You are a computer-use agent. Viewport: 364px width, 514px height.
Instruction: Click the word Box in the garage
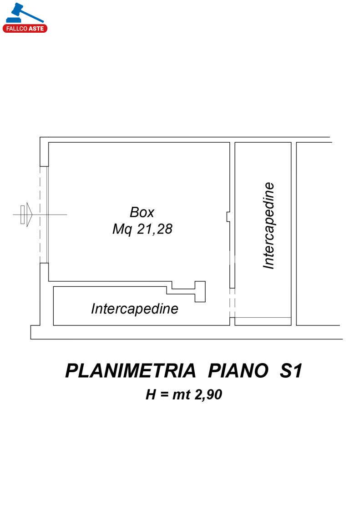coord(142,212)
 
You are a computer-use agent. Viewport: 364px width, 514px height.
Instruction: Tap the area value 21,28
coord(154,229)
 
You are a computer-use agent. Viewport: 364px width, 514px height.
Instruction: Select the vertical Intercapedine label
coord(269,226)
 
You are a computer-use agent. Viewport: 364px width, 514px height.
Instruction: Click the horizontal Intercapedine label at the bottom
coord(135,309)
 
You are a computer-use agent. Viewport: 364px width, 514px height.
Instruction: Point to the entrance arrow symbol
coord(26,215)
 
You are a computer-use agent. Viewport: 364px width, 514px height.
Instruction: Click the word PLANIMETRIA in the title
coord(130,371)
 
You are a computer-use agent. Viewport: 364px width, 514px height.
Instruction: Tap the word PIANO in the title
coord(238,371)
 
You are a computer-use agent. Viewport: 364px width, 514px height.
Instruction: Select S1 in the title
coord(291,371)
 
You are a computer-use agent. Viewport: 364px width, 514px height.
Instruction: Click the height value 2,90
coord(208,394)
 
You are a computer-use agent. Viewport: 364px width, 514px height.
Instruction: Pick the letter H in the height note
coord(151,394)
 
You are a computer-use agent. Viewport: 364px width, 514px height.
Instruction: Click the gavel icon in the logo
coord(23,14)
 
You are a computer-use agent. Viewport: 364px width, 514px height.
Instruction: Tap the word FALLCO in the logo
coord(16,29)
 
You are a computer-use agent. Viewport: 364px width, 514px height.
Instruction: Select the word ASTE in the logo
coord(36,29)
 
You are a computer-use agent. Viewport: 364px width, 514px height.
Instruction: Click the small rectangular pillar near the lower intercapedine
coord(200,291)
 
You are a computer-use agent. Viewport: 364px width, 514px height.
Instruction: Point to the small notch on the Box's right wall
coord(228,217)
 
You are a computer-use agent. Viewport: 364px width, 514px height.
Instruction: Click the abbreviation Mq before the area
coord(122,229)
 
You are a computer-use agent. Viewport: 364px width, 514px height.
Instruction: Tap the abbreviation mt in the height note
coord(182,394)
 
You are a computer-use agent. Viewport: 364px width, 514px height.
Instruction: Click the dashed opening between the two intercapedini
coord(233,303)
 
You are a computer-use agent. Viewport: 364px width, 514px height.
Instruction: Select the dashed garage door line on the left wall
coord(40,215)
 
